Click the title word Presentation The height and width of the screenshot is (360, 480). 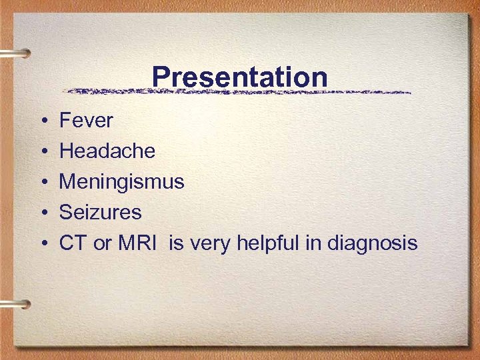point(239,77)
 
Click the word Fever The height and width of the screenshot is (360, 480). point(86,121)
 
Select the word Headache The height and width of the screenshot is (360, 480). point(107,151)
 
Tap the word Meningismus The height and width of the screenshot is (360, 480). point(121,182)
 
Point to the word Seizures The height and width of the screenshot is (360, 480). point(100,213)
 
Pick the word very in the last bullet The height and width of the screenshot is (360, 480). point(209,244)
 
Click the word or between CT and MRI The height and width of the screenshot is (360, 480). point(103,244)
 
